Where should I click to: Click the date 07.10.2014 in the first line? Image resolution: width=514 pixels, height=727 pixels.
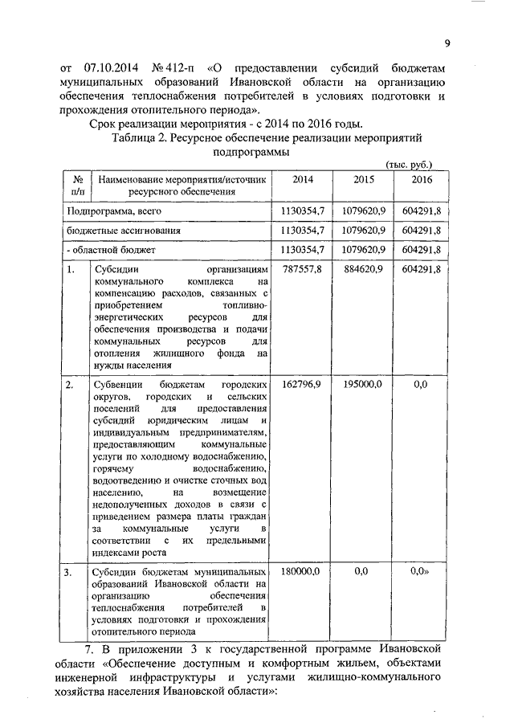(110, 67)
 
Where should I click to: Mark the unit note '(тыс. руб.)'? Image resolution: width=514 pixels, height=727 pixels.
(410, 164)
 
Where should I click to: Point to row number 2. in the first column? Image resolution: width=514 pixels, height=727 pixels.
(71, 384)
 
